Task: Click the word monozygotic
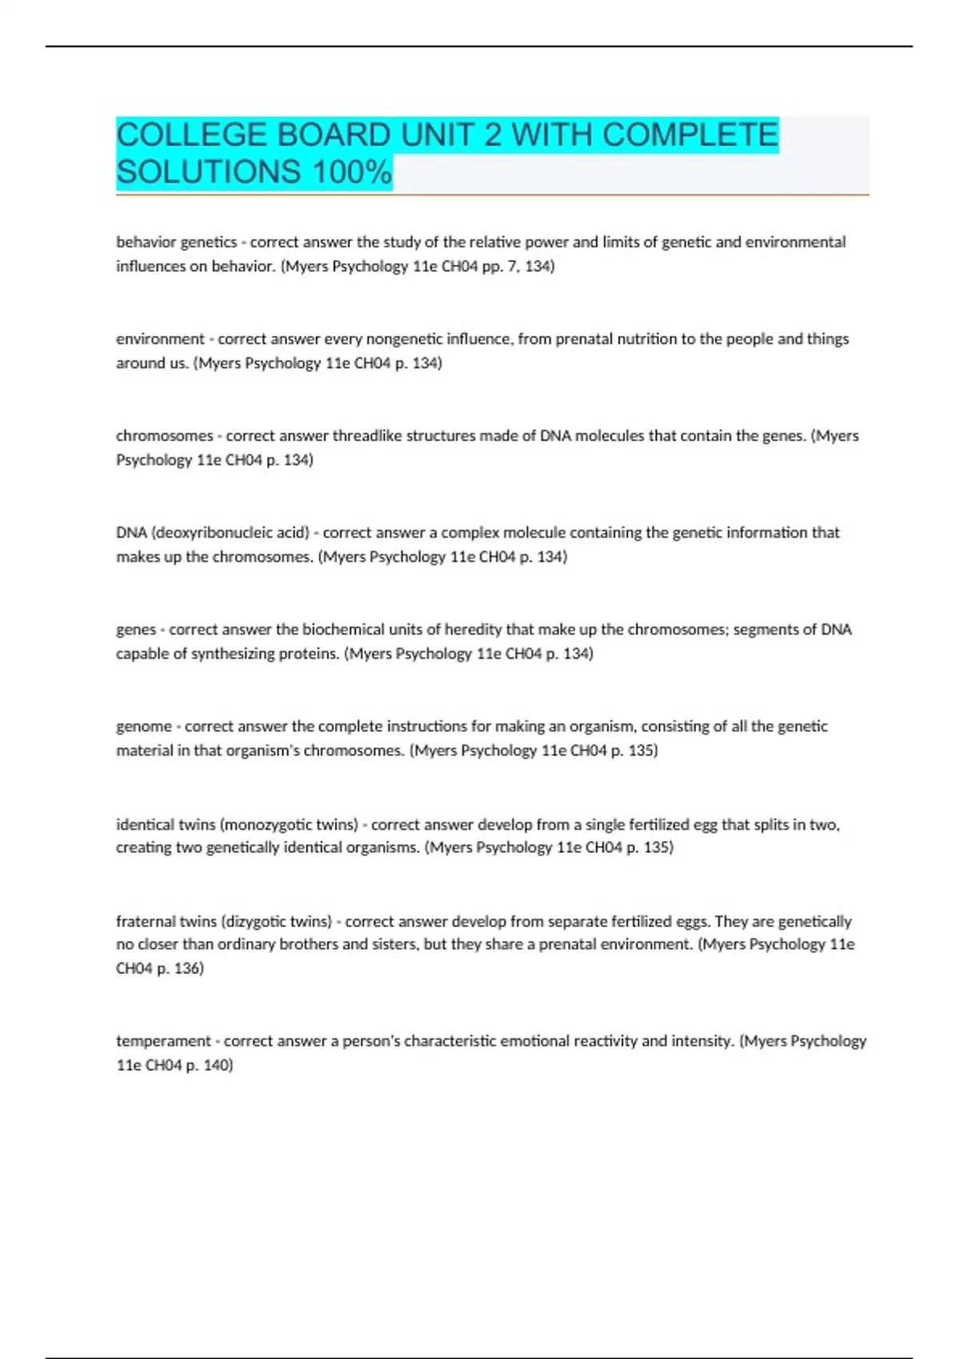click(266, 824)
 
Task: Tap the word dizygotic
click(258, 921)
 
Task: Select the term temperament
click(164, 1041)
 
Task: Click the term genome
click(144, 727)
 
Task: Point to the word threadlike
click(369, 436)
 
